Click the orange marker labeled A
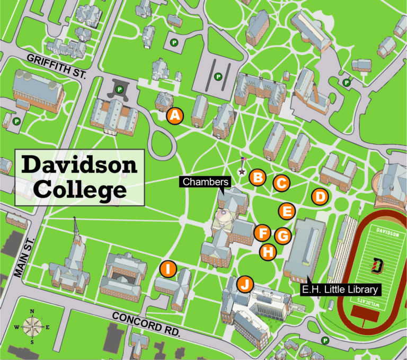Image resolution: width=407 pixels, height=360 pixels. [x=175, y=116]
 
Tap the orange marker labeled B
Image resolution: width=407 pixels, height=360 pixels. [x=258, y=177]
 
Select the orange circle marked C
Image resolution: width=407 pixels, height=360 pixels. [x=281, y=183]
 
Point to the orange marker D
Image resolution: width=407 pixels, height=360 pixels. [x=319, y=197]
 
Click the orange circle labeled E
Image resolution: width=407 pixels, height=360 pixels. [x=287, y=212]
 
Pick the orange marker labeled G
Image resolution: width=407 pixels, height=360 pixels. [x=283, y=235]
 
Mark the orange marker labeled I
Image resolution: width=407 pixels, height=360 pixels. [x=168, y=269]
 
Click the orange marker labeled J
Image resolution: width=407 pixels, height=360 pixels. [x=244, y=284]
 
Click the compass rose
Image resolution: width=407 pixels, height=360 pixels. [x=32, y=326]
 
